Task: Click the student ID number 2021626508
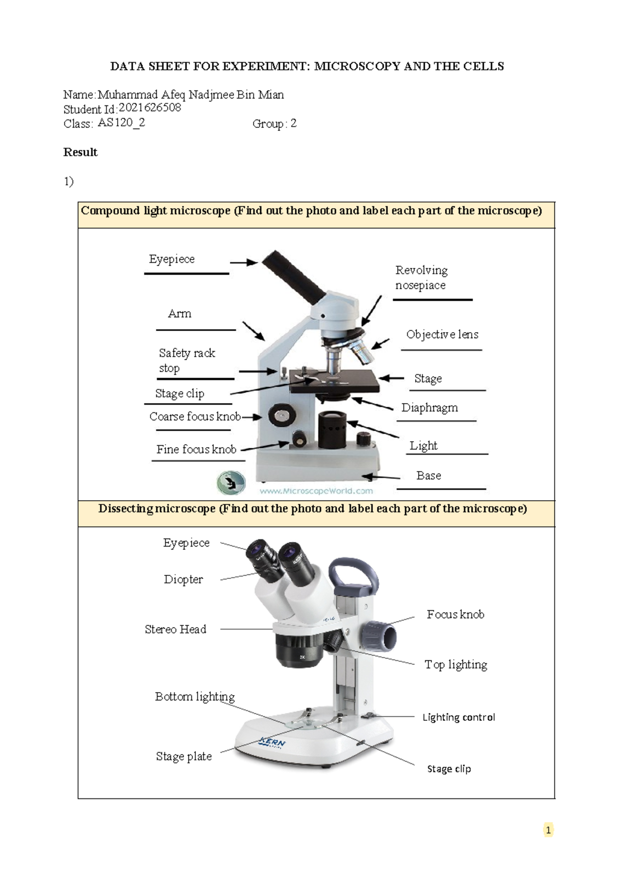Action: [150, 108]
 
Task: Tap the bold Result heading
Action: [80, 152]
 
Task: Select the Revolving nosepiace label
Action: [421, 278]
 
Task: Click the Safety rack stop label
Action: [187, 360]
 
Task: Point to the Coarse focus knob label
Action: [195, 416]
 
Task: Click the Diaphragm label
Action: [429, 408]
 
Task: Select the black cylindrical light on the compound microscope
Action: [332, 429]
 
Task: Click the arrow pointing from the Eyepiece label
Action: [243, 262]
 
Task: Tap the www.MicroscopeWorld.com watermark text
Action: [316, 491]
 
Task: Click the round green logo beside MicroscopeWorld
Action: [231, 483]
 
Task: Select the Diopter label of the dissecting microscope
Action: [183, 579]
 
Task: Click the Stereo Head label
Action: [175, 629]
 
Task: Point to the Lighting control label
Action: [459, 717]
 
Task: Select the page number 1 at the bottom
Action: [548, 830]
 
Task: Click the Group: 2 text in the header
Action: [274, 123]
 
